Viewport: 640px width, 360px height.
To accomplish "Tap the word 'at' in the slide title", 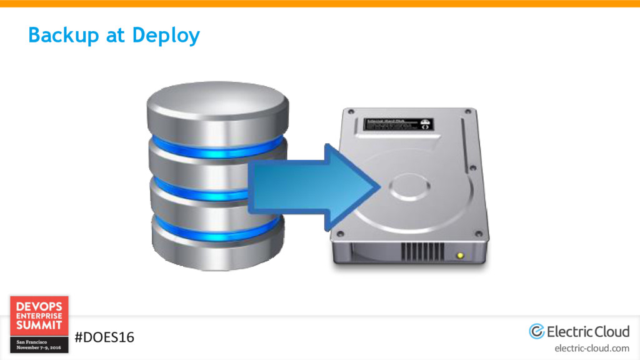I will click(116, 36).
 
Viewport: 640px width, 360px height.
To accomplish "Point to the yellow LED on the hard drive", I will click(461, 255).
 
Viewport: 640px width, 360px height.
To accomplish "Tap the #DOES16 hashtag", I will click(104, 337).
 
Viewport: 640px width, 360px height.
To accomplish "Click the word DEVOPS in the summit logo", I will click(39, 306).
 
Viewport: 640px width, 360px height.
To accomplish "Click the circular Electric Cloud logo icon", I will click(537, 331).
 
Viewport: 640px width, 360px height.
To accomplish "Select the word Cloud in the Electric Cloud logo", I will click(608, 331).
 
